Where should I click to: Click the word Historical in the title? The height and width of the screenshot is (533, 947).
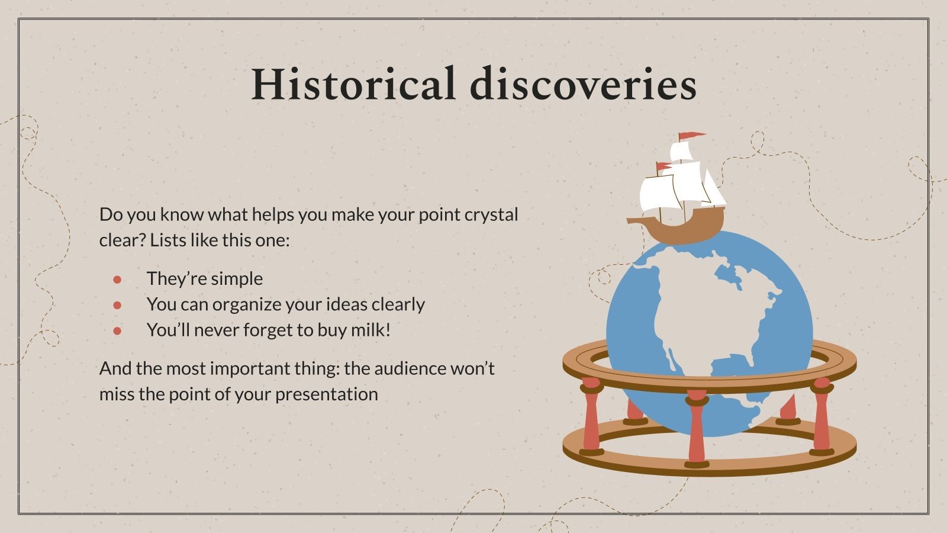[353, 84]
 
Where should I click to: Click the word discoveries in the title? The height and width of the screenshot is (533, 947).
[583, 84]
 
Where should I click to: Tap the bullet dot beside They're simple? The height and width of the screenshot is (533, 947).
[117, 279]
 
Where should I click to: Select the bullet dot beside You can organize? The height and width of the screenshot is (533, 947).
[117, 304]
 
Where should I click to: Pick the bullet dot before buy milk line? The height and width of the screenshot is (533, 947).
[117, 330]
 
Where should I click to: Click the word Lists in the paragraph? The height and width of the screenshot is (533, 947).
[168, 240]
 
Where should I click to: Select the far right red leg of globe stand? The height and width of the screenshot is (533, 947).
[822, 418]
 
